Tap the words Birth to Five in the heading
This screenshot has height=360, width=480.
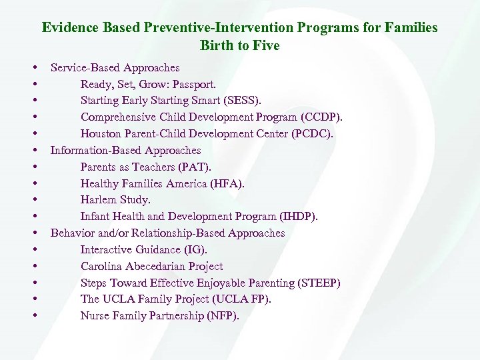coord(239,46)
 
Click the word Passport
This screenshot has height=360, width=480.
coord(193,84)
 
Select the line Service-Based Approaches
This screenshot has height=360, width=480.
coord(115,67)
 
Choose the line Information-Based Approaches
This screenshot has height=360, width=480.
coord(125,151)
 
